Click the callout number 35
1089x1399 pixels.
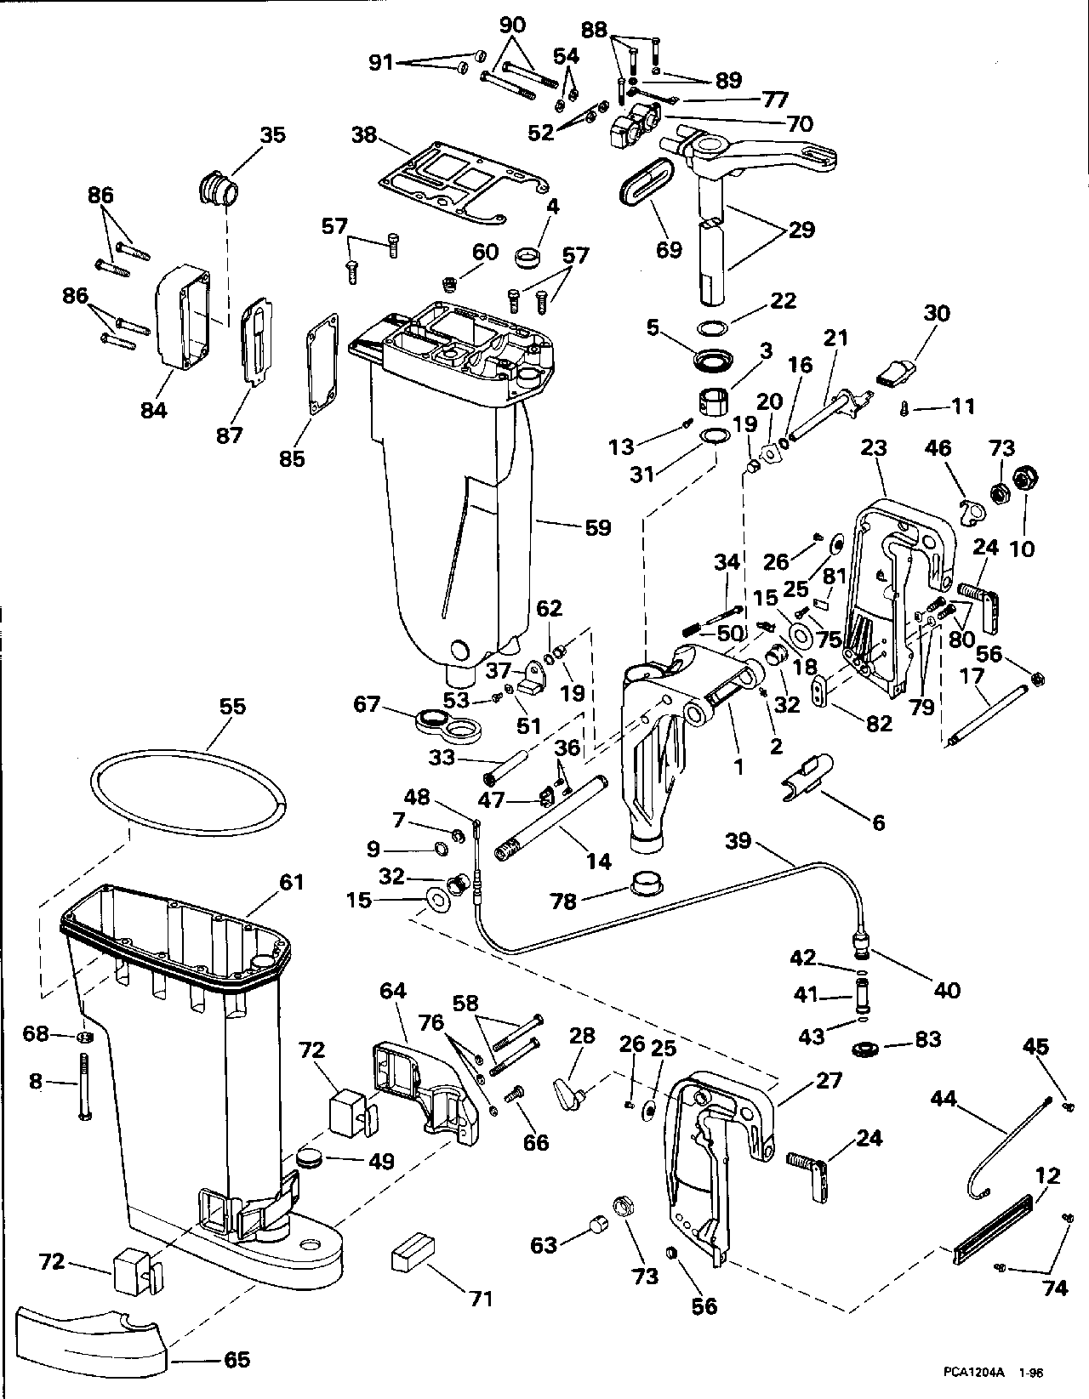pos(272,135)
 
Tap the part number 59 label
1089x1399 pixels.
pos(597,527)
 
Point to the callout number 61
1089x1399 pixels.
pos(291,883)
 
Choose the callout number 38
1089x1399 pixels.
pos(366,135)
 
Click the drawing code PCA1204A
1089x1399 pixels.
pos(972,1371)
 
